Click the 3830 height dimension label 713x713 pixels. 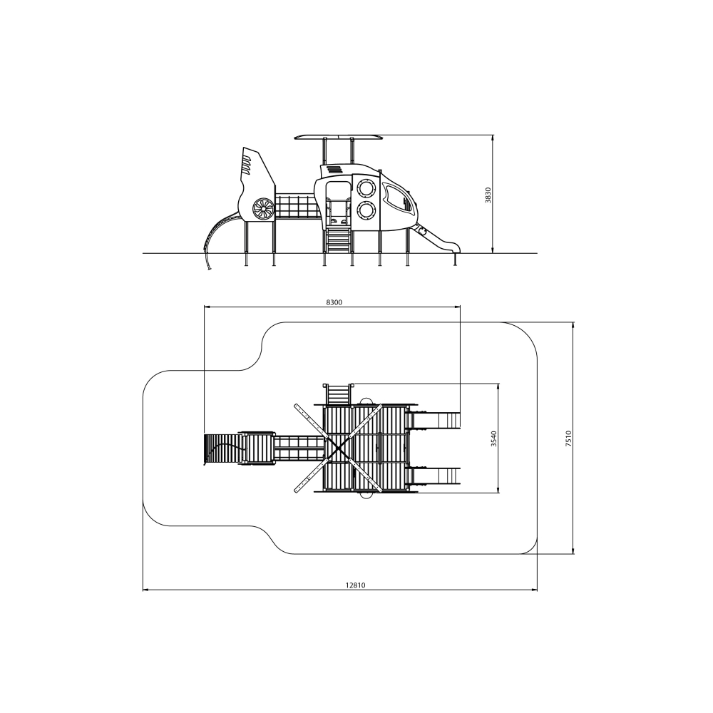click(488, 195)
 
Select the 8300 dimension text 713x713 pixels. click(334, 302)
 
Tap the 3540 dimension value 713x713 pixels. click(494, 438)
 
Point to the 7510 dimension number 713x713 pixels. click(568, 439)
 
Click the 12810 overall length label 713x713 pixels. click(355, 585)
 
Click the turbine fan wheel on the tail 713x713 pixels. click(263, 209)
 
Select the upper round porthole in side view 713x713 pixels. click(366, 188)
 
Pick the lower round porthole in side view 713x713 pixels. click(366, 210)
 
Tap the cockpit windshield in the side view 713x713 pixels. click(399, 199)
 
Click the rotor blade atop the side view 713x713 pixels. click(338, 137)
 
